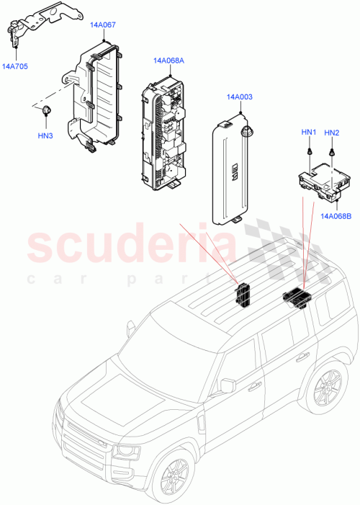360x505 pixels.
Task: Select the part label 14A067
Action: pyautogui.click(x=103, y=24)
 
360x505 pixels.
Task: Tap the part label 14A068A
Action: pyautogui.click(x=168, y=61)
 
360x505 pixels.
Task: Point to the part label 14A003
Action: pyautogui.click(x=238, y=97)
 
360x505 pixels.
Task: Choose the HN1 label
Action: pyautogui.click(x=308, y=133)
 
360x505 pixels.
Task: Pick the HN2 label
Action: pyautogui.click(x=332, y=133)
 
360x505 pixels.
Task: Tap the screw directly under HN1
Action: pyautogui.click(x=308, y=152)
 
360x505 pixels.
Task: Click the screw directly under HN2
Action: pyautogui.click(x=332, y=152)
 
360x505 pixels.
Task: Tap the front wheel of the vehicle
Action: pyautogui.click(x=175, y=485)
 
